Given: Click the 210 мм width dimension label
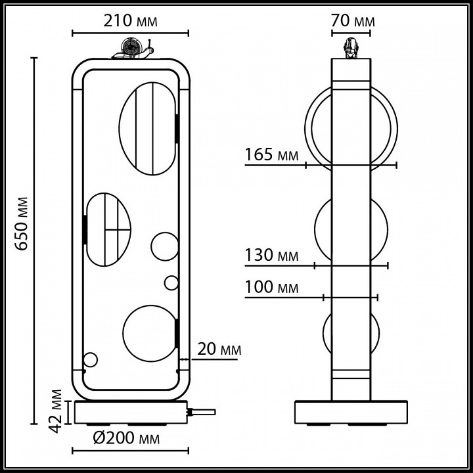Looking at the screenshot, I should (131, 20).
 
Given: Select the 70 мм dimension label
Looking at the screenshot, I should (352, 20).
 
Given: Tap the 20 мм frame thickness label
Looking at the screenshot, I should (219, 349).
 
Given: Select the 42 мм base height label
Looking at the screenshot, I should (57, 411).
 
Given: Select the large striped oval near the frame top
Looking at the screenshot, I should (148, 129).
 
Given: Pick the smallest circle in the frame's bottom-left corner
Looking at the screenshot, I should (89, 359).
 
